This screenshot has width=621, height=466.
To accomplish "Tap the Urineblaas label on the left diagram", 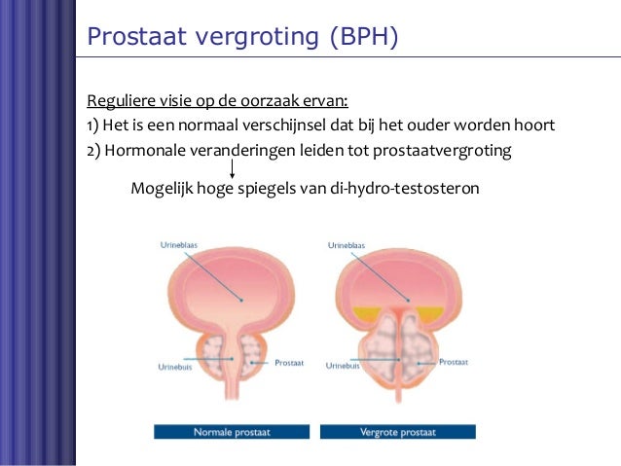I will (x=180, y=246).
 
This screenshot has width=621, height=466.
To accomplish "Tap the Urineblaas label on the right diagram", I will (x=348, y=246).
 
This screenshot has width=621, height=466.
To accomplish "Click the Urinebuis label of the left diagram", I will (x=177, y=368).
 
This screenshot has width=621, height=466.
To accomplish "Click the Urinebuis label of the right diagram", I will (x=345, y=367).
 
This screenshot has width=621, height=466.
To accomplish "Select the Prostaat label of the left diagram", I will (x=289, y=362).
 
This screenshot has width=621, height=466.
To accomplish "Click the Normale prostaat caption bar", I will (x=231, y=431).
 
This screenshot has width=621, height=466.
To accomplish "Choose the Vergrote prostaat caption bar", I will (x=398, y=431).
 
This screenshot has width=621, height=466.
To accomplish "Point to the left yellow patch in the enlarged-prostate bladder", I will (x=367, y=313).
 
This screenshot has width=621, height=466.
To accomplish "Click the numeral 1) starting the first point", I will (x=93, y=125).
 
